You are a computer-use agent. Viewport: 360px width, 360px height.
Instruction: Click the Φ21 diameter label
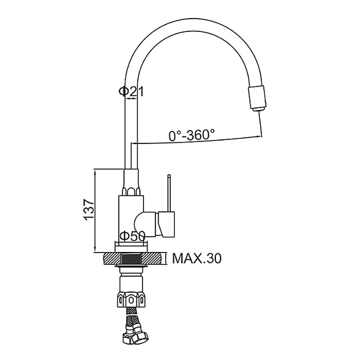coord(131,91)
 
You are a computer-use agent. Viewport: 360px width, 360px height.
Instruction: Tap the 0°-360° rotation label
coord(192,135)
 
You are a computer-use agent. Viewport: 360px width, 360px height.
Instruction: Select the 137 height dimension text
coord(89,210)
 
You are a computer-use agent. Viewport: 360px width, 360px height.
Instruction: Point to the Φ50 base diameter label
coord(133,236)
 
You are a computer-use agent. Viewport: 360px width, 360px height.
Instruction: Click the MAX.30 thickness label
coord(197,259)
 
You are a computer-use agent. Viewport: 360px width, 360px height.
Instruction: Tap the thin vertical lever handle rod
coord(169,193)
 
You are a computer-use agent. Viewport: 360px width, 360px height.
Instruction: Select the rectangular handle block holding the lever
coord(167,224)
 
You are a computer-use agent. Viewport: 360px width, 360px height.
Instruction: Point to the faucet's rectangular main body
coord(131,219)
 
